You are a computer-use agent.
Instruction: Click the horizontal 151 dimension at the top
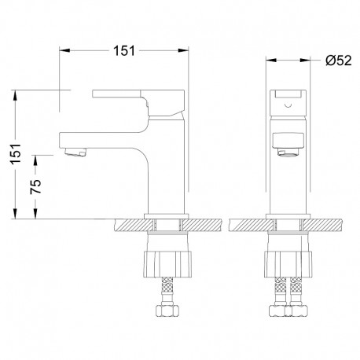tap(124, 50)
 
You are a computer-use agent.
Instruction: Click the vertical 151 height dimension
tap(16, 154)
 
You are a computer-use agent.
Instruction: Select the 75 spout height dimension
tap(35, 186)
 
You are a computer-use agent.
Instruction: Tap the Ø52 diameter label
tap(338, 61)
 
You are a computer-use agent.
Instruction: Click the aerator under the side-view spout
tap(75, 152)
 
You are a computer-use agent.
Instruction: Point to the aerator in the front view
tap(288, 152)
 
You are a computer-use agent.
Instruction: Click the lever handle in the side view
tap(138, 103)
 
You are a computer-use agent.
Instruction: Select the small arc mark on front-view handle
tap(288, 106)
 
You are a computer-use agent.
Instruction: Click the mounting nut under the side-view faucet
tap(167, 264)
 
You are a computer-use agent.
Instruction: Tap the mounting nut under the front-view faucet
tap(288, 264)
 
